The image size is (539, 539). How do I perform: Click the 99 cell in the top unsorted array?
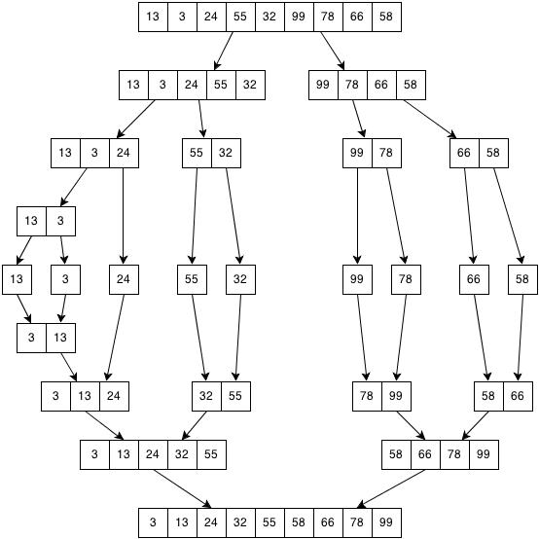pos(299,17)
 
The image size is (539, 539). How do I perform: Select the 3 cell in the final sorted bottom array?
pos(153,522)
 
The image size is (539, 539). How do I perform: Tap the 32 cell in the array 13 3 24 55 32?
pos(250,85)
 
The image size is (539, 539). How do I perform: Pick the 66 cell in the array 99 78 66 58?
pos(381,85)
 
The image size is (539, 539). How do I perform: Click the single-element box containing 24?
pos(124,279)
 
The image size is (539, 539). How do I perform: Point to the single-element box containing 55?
pos(192,279)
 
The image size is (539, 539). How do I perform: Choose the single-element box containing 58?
pos(522,279)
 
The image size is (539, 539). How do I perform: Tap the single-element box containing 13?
pos(17,279)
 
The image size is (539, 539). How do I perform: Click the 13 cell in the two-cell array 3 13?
pos(60,338)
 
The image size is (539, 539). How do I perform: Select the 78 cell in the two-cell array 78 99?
pos(367,396)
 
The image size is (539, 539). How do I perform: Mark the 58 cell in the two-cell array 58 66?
pos(488,396)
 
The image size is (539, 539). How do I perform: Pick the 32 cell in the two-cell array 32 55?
pos(206,396)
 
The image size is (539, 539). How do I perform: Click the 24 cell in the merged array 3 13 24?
pos(114,396)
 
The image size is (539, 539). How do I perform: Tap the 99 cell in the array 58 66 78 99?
pos(484,454)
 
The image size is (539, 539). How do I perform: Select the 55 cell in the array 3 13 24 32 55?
pos(211,454)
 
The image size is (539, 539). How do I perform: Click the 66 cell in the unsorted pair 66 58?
pos(464,153)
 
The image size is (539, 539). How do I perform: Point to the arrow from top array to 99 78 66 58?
pos(333,51)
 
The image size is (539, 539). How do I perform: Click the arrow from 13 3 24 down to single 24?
pos(124,216)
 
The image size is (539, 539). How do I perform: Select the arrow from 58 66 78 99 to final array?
pos(391,488)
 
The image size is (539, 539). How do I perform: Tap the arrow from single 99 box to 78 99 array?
pos(362,338)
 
